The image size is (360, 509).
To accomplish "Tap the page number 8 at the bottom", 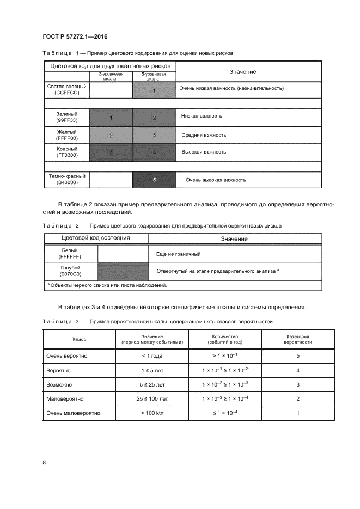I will (44, 462).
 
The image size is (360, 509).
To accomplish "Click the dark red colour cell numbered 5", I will (154, 180).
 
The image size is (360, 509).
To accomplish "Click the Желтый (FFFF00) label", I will (66, 134).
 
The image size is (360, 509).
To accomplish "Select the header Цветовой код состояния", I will (95, 238).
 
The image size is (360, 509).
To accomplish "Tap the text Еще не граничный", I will (179, 254).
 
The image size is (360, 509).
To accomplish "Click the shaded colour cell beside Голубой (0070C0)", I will (123, 271).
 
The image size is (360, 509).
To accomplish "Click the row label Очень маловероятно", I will (74, 413).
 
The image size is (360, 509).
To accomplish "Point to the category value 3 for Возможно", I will (298, 384).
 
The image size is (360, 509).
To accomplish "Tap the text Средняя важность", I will (204, 135).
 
